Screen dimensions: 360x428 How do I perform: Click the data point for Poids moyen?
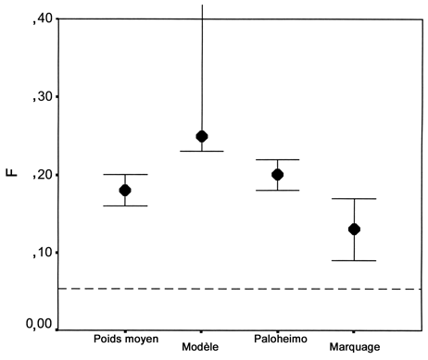125,190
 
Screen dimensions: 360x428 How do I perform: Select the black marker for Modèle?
201,137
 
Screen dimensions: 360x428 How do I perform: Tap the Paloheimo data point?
277,174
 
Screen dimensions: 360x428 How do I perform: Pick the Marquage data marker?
354,229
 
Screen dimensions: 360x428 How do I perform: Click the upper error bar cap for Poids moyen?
125,174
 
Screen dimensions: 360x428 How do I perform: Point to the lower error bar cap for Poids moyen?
125,205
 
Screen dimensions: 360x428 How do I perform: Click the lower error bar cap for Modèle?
201,151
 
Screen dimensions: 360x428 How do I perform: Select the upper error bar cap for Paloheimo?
277,159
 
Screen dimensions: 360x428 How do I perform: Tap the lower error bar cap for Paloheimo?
277,190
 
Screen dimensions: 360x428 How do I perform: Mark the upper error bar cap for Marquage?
354,198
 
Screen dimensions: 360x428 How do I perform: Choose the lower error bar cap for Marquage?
354,260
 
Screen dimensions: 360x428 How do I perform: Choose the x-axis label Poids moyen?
125,339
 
